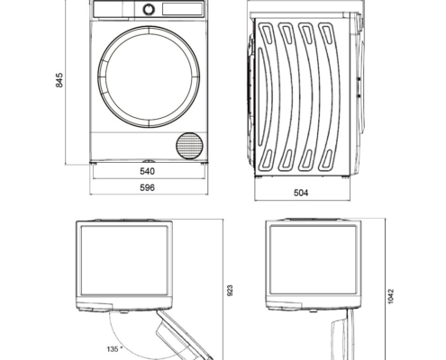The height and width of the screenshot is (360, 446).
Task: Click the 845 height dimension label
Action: [59, 80]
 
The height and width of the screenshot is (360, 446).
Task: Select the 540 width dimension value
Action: [148, 171]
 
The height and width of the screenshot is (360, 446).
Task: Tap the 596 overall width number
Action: [148, 188]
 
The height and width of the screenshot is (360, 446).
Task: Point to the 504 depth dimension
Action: [301, 193]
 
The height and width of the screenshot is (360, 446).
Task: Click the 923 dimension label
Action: [230, 291]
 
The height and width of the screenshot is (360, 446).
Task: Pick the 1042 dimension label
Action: [390, 296]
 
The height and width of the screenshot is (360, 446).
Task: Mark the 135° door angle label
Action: [114, 349]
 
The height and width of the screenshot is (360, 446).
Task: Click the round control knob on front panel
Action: [149, 9]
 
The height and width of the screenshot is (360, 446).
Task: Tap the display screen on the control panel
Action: [182, 9]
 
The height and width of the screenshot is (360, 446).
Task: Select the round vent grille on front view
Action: [189, 146]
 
